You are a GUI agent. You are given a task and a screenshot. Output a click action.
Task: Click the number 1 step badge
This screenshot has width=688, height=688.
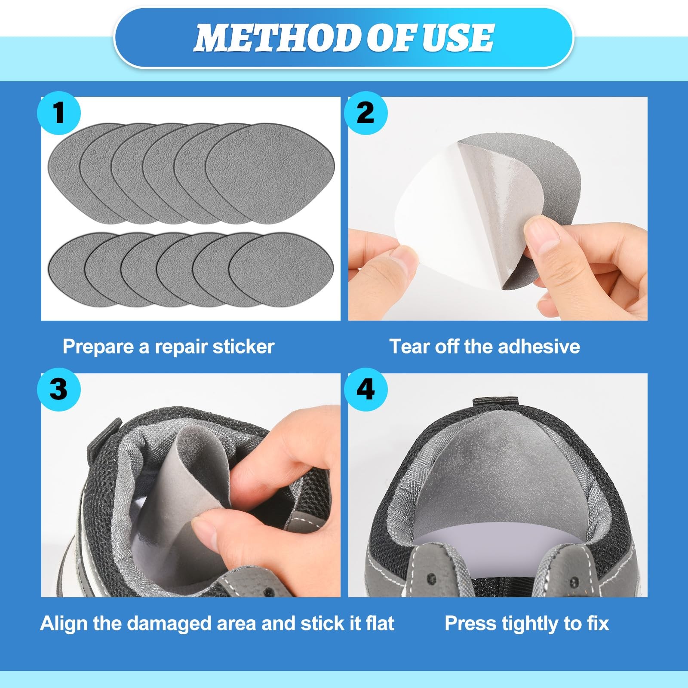(x=59, y=114)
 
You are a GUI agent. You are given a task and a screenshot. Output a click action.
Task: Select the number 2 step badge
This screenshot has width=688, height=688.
(x=366, y=114)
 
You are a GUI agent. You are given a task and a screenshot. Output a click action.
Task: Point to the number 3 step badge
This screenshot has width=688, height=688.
(x=59, y=390)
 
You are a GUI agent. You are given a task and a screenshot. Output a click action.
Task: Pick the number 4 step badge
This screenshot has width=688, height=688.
(x=366, y=390)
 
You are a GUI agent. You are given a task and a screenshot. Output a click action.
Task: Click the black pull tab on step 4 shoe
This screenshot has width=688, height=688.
(x=497, y=403)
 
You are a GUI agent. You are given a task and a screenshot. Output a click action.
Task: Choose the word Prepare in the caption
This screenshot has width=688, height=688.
(x=98, y=347)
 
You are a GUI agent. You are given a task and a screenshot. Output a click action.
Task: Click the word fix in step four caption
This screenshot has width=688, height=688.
(x=598, y=623)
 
